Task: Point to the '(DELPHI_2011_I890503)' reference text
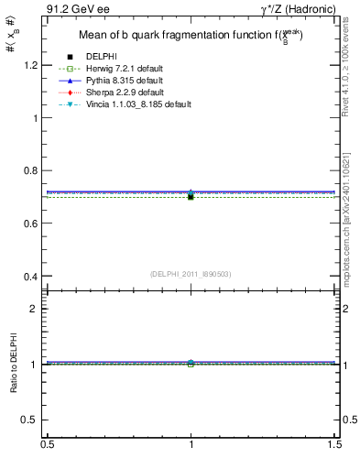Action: tap(191, 274)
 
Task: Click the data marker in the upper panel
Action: tap(191, 196)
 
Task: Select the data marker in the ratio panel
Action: tap(191, 364)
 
